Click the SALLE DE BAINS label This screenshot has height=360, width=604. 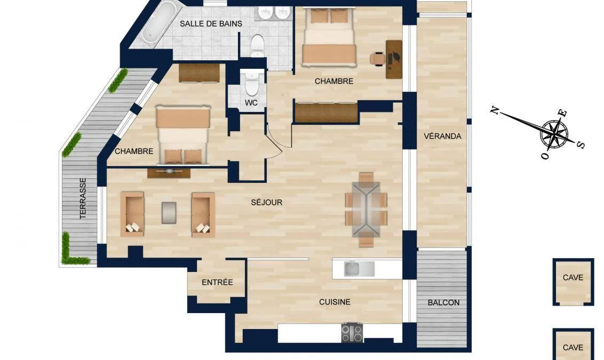click(211, 23)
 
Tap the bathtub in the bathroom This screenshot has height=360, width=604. click(157, 22)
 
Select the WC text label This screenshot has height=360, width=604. click(251, 103)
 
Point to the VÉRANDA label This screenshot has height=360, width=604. click(442, 136)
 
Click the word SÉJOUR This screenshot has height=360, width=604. click(267, 202)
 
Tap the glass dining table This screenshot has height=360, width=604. click(366, 209)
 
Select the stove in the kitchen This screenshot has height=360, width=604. click(352, 332)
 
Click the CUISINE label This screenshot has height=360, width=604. click(335, 302)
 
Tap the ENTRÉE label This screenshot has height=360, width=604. click(217, 282)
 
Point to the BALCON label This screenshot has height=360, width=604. click(443, 302)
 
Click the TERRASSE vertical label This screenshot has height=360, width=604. click(83, 198)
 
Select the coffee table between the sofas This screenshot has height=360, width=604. click(169, 213)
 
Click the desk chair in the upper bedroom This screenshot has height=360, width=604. click(378, 58)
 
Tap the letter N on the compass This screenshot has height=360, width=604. click(495, 111)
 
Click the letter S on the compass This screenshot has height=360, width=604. click(581, 145)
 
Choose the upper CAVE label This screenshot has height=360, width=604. click(573, 278)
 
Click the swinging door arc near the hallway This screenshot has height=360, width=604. click(276, 141)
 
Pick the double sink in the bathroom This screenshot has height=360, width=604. click(274, 12)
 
